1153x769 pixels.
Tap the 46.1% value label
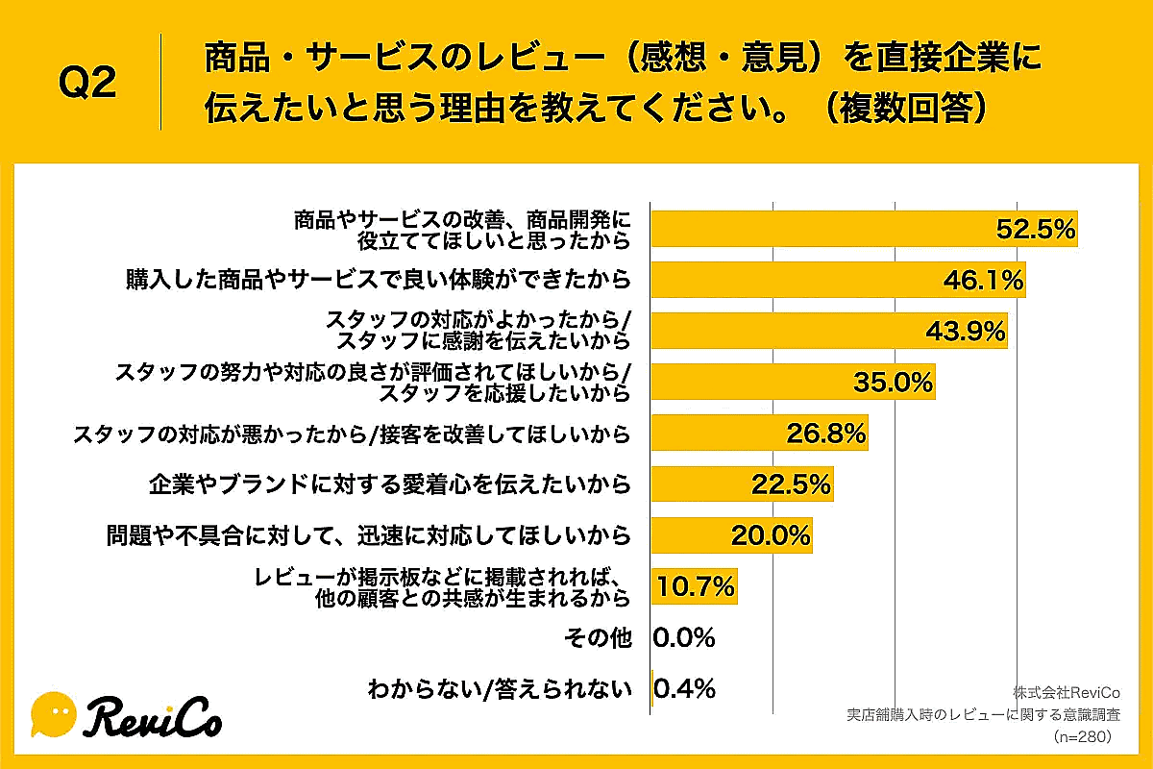click(x=983, y=281)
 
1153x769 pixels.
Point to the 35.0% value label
click(x=894, y=383)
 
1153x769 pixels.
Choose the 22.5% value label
click(x=790, y=484)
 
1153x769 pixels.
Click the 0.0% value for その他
click(x=684, y=637)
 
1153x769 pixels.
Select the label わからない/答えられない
click(x=500, y=689)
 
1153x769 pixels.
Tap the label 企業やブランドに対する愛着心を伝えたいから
click(x=390, y=484)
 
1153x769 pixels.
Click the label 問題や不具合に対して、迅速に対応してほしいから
click(x=369, y=535)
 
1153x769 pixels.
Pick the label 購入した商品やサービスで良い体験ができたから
click(x=378, y=281)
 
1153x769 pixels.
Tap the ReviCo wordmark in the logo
click(x=154, y=716)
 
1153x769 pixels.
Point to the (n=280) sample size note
click(x=1083, y=737)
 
